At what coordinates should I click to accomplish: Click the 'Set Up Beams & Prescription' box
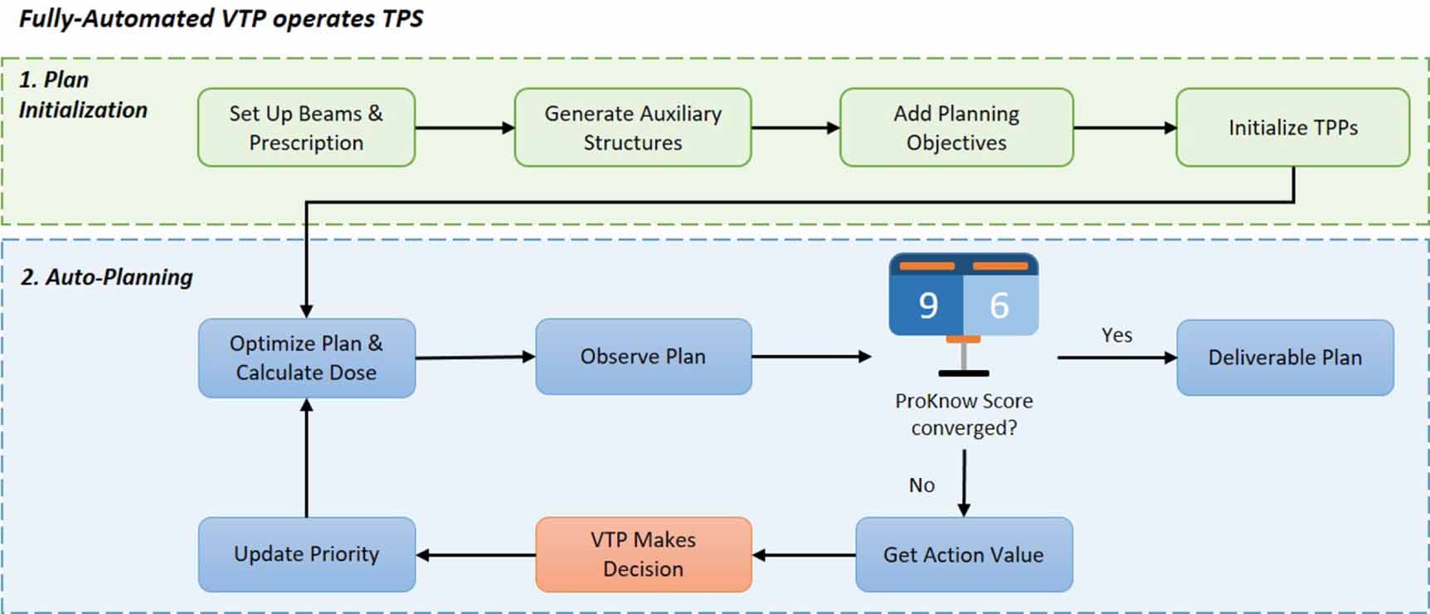(306, 128)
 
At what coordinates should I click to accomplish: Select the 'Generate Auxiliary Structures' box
(633, 128)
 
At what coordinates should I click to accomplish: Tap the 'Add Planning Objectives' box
(956, 128)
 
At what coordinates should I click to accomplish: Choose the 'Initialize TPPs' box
(1293, 128)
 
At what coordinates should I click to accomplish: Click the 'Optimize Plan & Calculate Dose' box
(307, 358)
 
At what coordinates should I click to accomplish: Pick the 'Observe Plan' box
(644, 357)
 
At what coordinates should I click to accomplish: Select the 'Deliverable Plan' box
(1285, 358)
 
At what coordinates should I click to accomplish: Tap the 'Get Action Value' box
(964, 554)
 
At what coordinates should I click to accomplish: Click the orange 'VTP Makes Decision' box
(644, 554)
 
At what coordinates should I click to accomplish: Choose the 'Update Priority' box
(307, 554)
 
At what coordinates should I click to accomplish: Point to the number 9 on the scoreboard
(928, 305)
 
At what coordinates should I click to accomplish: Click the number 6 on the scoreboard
(1000, 305)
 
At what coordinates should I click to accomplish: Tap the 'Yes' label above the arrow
(1116, 335)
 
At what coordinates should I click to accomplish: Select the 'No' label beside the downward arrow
(922, 485)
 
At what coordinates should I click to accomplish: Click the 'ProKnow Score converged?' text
(964, 414)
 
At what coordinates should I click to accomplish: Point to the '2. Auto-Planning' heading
(106, 277)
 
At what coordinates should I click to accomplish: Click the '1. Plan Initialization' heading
(83, 95)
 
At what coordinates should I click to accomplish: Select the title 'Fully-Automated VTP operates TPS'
(221, 18)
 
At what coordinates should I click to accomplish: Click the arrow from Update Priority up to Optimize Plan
(307, 458)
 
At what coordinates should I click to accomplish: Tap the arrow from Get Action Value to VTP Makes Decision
(804, 555)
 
